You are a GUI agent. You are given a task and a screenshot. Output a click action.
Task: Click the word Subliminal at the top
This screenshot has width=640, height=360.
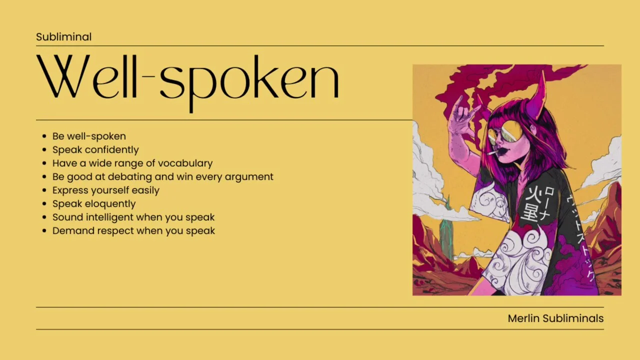pos(63,37)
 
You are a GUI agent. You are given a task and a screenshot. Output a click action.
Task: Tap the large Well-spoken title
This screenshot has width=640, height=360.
pos(187,83)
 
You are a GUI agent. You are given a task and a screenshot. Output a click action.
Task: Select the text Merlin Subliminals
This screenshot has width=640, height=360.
pos(555,318)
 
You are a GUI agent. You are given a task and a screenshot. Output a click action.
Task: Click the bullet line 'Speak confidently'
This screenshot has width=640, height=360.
pos(95,149)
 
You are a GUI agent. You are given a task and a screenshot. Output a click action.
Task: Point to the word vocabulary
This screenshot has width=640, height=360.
pos(185,163)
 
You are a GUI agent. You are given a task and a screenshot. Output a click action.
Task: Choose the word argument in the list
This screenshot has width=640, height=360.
pos(249,177)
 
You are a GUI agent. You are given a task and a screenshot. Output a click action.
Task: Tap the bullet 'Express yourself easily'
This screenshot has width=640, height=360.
pos(105,190)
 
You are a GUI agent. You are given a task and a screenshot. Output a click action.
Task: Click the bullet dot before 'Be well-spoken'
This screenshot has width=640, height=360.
pos(44,136)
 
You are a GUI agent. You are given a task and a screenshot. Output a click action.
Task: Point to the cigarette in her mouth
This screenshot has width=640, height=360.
pos(492,152)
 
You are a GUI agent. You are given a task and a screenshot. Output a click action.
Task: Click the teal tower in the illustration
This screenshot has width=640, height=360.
pos(446,231)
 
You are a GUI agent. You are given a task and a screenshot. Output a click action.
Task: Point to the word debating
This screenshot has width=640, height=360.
pos(129,177)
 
